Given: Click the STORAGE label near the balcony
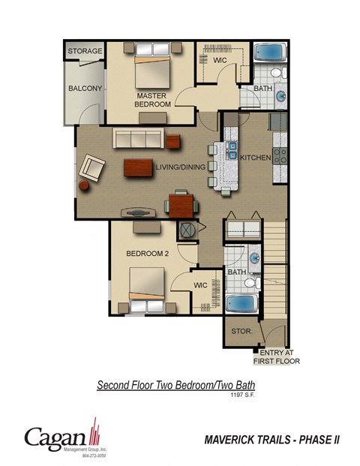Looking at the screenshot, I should point(85,51).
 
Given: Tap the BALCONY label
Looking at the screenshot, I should point(85,89).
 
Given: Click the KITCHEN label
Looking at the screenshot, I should point(255,158).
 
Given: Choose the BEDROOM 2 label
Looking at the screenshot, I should point(147,254).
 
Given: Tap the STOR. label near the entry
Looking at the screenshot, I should point(240,330).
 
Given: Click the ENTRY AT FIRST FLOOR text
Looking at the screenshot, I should point(280,356).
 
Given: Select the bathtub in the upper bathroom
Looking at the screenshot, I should point(269,54).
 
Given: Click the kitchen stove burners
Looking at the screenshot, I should point(280,156).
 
